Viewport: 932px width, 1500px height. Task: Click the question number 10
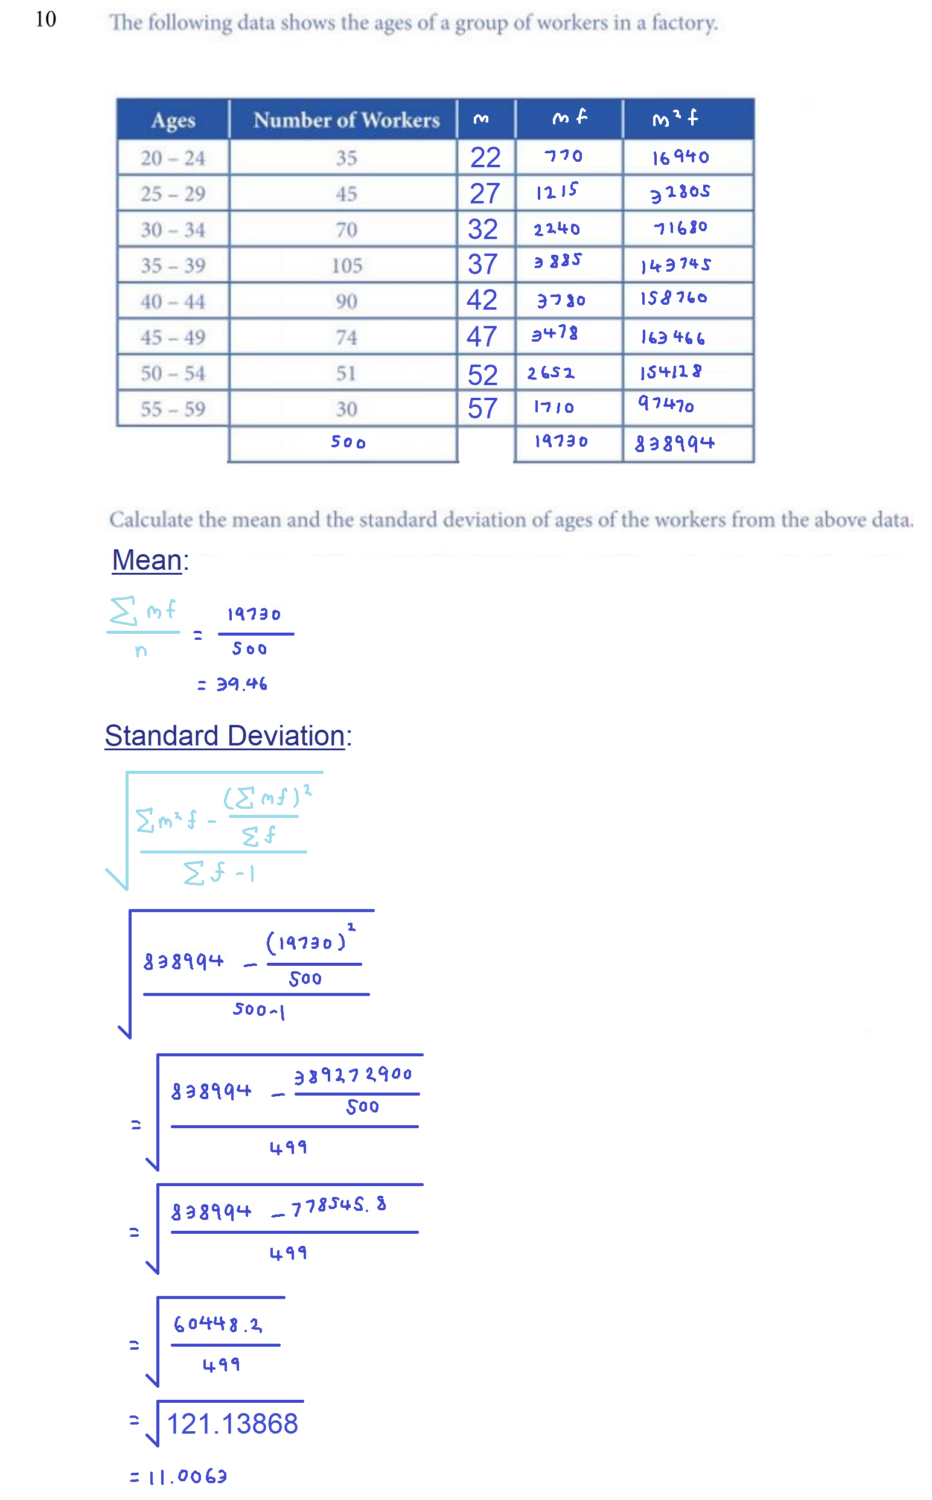[x=46, y=19]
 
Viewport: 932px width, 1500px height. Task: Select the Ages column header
[x=173, y=120]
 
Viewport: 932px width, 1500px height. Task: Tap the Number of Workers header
[x=346, y=120]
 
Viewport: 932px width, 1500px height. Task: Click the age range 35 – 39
[x=173, y=266]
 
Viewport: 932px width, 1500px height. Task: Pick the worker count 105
[x=346, y=266]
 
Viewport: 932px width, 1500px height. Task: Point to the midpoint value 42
[x=482, y=300]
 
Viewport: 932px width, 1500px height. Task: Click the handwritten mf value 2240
[x=557, y=229]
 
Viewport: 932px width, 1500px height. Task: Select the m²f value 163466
[x=672, y=337]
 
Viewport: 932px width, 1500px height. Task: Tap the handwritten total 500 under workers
[x=348, y=442]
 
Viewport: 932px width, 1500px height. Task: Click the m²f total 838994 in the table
[x=674, y=443]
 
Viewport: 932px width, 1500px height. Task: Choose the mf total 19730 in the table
[x=561, y=441]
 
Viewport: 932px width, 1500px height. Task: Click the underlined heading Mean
[x=147, y=560]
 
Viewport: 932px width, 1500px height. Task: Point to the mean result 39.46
[x=241, y=684]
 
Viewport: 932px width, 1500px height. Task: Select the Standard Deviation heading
[x=225, y=736]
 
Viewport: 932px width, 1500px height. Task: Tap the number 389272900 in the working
[x=353, y=1076]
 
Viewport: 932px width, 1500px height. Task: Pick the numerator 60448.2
[x=217, y=1324]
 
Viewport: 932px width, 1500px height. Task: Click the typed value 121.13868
[x=232, y=1424]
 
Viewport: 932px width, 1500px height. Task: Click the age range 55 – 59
[x=173, y=409]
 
